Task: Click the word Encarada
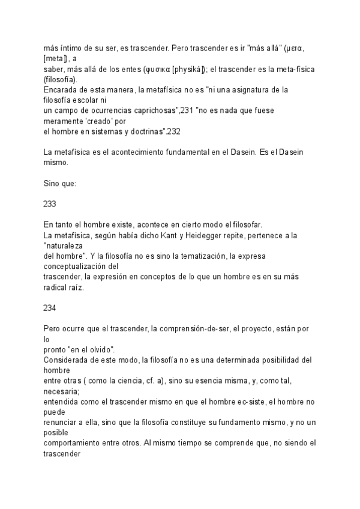point(61,91)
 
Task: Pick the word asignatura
point(256,91)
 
